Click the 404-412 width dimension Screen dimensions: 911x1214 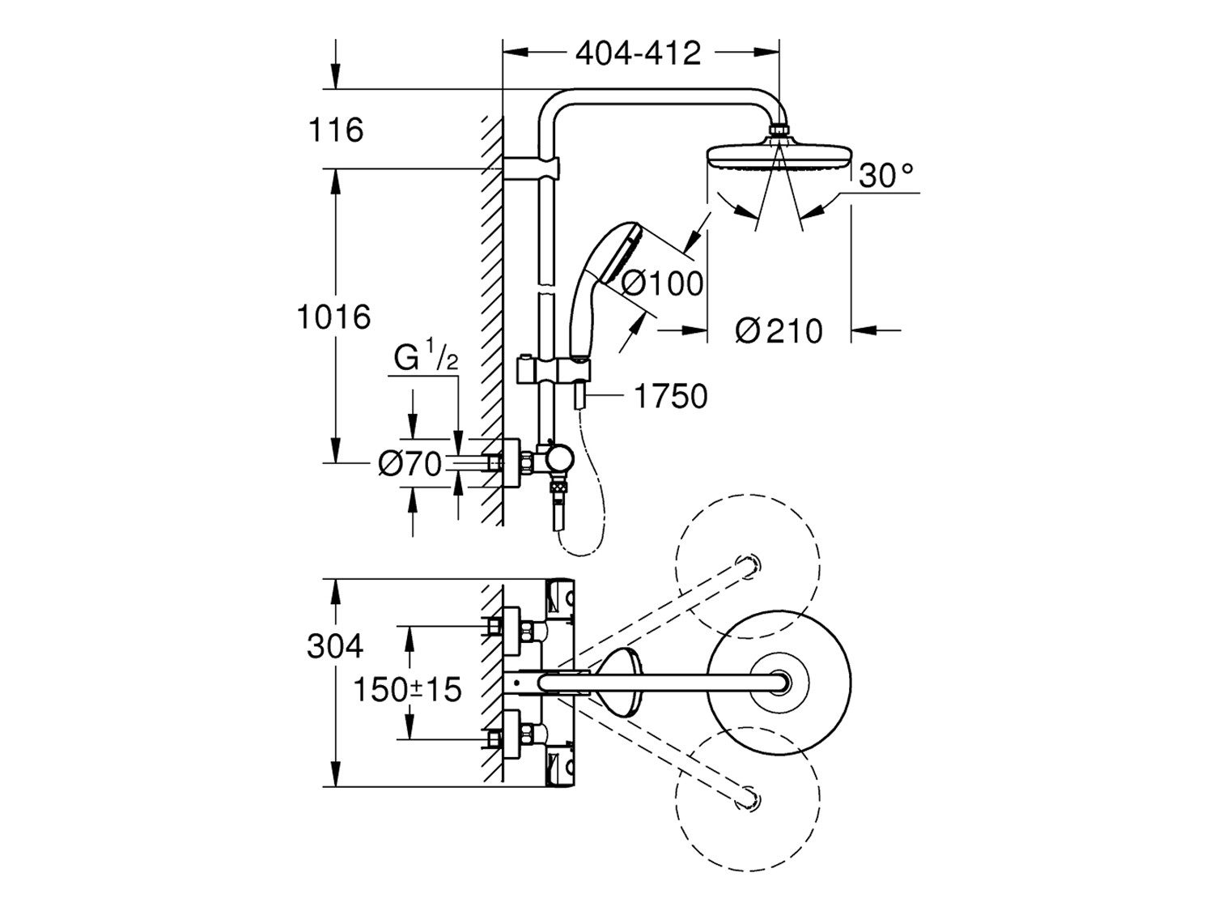638,53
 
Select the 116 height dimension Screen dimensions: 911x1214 336,130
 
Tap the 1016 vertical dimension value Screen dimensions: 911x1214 333,317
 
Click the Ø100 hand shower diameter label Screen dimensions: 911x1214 663,283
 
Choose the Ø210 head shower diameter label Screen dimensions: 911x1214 779,330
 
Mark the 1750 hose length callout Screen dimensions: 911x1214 670,396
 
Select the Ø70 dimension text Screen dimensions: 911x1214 410,464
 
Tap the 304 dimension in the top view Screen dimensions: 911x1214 335,646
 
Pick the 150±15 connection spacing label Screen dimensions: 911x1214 408,690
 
